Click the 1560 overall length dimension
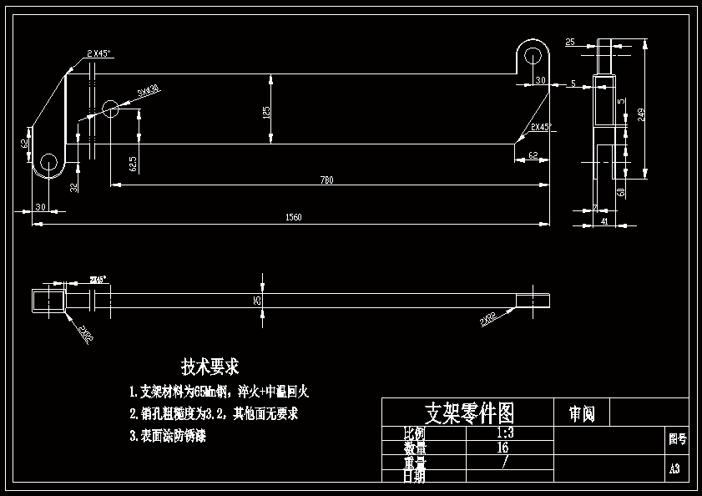coord(294,218)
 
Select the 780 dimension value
coord(326,180)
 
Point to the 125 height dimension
coord(266,111)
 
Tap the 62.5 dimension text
coord(133,163)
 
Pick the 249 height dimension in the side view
coord(641,114)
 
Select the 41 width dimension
coord(604,222)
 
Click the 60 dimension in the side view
coord(621,192)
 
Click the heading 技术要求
coord(210,367)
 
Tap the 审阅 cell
coord(582,413)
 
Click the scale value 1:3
coord(504,433)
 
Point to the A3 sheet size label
coord(675,469)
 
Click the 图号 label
coord(677,438)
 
